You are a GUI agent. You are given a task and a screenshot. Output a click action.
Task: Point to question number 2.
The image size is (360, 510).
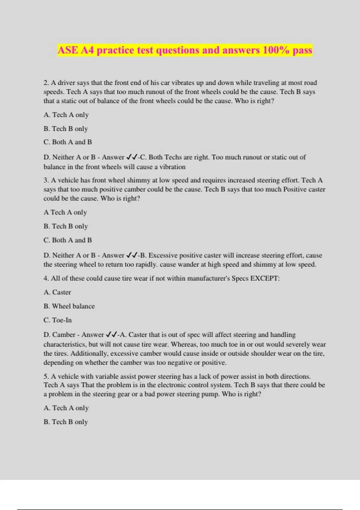point(46,83)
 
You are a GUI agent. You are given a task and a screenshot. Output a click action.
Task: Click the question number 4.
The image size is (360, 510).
point(46,278)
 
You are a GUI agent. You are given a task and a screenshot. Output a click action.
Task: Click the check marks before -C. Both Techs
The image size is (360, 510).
point(132,157)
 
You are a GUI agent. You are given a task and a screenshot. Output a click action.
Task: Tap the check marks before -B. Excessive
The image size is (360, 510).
point(132,255)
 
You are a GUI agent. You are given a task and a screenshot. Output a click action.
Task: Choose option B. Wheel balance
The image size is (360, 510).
point(69,306)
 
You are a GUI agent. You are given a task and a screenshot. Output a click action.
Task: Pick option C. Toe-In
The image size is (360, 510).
point(58,320)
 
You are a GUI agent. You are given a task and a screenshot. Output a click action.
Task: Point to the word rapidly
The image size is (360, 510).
point(145,265)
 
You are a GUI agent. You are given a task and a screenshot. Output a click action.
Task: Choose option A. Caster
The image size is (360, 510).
point(57,292)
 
